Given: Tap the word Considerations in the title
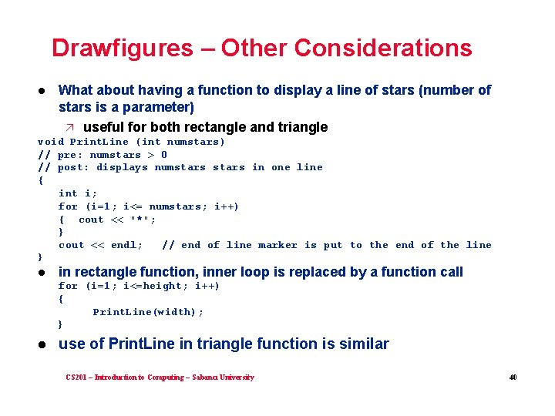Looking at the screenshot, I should [x=382, y=49].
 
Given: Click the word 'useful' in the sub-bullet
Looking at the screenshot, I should [x=106, y=127].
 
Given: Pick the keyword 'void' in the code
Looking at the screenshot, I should [x=51, y=142].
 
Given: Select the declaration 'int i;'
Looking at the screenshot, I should [x=78, y=193].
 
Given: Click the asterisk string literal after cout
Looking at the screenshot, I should [x=143, y=220].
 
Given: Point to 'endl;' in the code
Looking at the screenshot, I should [x=127, y=245].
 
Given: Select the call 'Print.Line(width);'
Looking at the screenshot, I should [x=148, y=312].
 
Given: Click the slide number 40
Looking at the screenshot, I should [x=512, y=377].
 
